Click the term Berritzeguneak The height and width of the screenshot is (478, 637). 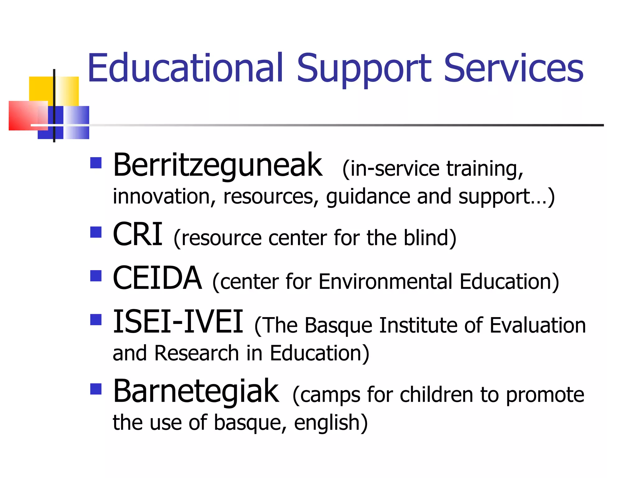217,166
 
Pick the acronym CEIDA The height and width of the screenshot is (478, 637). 157,278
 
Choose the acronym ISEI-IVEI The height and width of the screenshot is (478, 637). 178,322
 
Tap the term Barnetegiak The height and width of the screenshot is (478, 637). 196,391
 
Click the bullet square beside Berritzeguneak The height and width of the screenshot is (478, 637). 96,163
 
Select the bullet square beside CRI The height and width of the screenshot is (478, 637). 96,232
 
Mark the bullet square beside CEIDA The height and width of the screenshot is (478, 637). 96,276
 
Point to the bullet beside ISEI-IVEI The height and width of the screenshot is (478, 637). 96,320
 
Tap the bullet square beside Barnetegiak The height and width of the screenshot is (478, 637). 96,389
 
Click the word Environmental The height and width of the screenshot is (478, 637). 385,282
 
